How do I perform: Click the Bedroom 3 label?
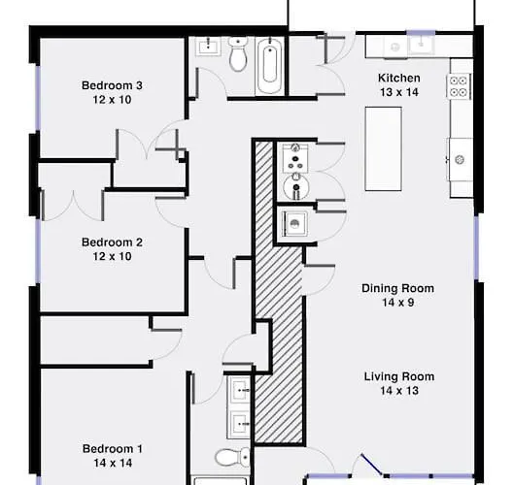(112, 85)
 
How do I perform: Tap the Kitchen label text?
(398, 78)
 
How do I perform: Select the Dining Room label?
(397, 288)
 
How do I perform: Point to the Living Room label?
(399, 376)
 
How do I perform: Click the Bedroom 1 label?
(113, 449)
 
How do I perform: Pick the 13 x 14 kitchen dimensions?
(398, 92)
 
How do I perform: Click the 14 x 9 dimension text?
(397, 303)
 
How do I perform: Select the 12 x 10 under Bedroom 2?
(112, 256)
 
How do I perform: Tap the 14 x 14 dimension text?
(113, 463)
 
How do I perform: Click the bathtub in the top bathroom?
(270, 66)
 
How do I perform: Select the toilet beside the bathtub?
(238, 54)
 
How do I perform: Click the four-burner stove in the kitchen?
(459, 86)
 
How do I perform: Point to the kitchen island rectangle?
(384, 148)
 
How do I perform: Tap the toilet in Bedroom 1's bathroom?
(232, 457)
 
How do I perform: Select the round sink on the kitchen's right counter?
(460, 160)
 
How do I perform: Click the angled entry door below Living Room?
(371, 464)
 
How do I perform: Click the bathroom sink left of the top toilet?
(208, 46)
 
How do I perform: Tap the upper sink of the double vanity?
(238, 390)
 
